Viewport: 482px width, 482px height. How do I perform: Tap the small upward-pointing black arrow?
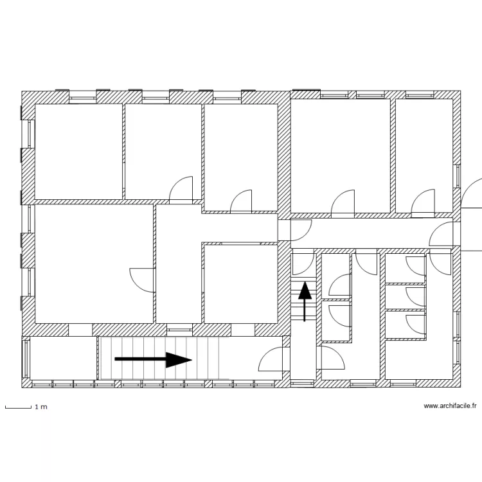tap(305, 299)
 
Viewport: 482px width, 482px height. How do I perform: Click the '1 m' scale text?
tap(40, 407)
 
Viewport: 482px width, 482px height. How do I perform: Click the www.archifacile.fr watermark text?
tap(450, 406)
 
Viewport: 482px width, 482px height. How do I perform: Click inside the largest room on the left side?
tap(93, 263)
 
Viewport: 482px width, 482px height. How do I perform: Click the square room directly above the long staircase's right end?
tap(240, 283)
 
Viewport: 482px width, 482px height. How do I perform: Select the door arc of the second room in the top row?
tap(181, 188)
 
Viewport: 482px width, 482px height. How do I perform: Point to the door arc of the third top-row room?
tap(242, 201)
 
